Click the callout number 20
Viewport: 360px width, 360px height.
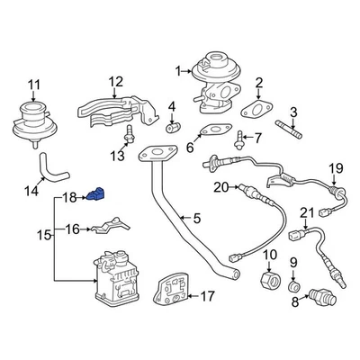coord(221,187)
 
